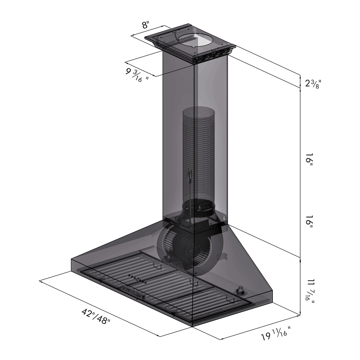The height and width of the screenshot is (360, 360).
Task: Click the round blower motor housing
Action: pyautogui.click(x=181, y=246)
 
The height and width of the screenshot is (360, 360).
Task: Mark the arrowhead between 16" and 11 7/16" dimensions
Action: pyautogui.click(x=301, y=258)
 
